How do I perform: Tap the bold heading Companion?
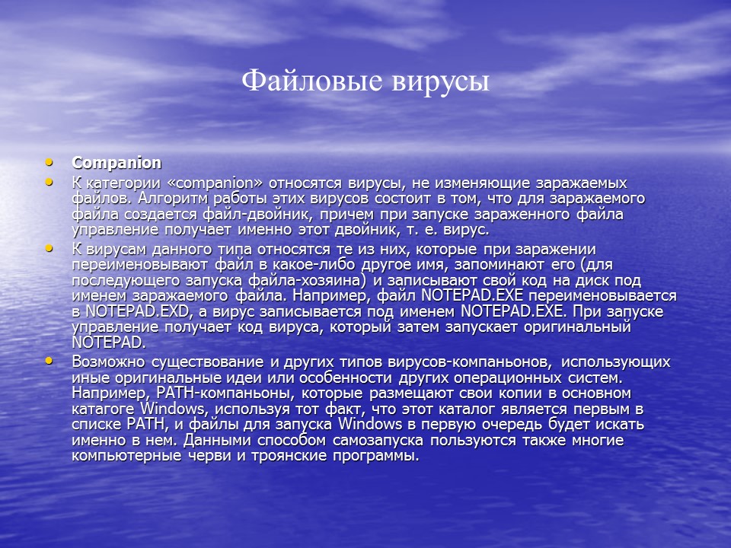(117, 163)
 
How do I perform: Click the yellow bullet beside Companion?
(49, 162)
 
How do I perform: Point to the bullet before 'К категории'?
(49, 183)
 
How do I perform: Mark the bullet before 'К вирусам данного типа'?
(49, 249)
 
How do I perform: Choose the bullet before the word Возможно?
(49, 361)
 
